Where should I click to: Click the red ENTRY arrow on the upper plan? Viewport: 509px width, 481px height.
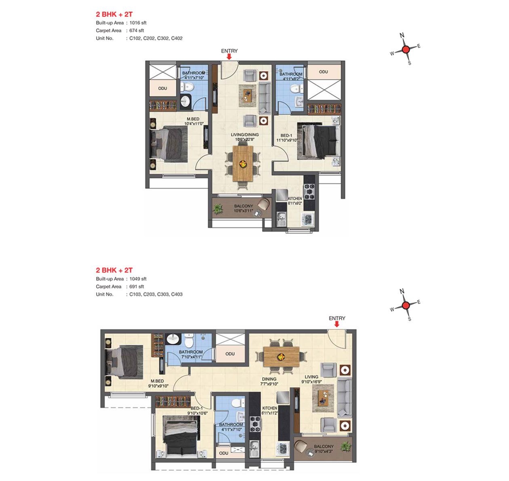(229, 57)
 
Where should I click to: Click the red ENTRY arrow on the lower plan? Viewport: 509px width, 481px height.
(337, 324)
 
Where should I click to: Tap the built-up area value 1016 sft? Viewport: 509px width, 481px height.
(138, 23)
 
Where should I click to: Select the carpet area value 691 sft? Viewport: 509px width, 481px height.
(137, 287)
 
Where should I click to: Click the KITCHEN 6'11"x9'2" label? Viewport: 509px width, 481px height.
(295, 201)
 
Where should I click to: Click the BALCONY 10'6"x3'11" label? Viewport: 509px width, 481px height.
(244, 209)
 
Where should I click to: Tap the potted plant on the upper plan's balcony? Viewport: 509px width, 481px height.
(218, 209)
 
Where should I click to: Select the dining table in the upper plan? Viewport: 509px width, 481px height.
(243, 164)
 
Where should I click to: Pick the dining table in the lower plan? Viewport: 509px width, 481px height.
(281, 357)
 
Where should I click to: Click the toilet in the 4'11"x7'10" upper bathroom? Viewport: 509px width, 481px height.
(187, 86)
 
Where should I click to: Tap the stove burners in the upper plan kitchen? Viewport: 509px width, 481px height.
(309, 191)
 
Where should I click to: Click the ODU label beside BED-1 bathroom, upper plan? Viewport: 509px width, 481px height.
(324, 72)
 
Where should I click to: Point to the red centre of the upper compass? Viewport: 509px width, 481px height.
(406, 49)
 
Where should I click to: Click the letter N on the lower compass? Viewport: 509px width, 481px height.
(402, 291)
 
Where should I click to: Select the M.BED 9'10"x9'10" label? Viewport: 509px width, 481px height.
(158, 384)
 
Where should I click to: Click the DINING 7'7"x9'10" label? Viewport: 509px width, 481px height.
(269, 382)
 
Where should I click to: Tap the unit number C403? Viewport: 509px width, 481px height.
(177, 294)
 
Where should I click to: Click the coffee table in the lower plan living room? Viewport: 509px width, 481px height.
(323, 398)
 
